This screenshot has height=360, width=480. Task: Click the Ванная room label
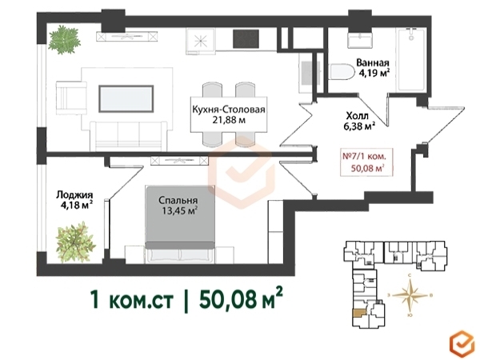[373, 62]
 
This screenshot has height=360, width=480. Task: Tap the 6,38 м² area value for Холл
[360, 126]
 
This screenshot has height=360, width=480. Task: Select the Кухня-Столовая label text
[228, 110]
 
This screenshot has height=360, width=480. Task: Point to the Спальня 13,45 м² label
[178, 206]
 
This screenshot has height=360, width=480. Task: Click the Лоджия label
[74, 194]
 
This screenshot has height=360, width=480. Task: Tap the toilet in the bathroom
[341, 72]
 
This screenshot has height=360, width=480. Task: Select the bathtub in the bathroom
[411, 59]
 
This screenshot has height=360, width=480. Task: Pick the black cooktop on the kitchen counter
[246, 39]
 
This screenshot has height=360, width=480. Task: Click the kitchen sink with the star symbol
[201, 40]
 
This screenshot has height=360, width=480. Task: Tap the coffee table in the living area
[126, 99]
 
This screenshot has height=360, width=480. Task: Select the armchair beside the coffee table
[71, 98]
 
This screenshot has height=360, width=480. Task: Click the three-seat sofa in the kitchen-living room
[129, 136]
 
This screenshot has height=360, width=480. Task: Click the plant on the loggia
[76, 242]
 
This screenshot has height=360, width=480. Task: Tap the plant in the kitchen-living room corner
[65, 40]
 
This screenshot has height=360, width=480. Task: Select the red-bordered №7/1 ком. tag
[366, 162]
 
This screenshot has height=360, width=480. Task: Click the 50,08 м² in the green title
[240, 298]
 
